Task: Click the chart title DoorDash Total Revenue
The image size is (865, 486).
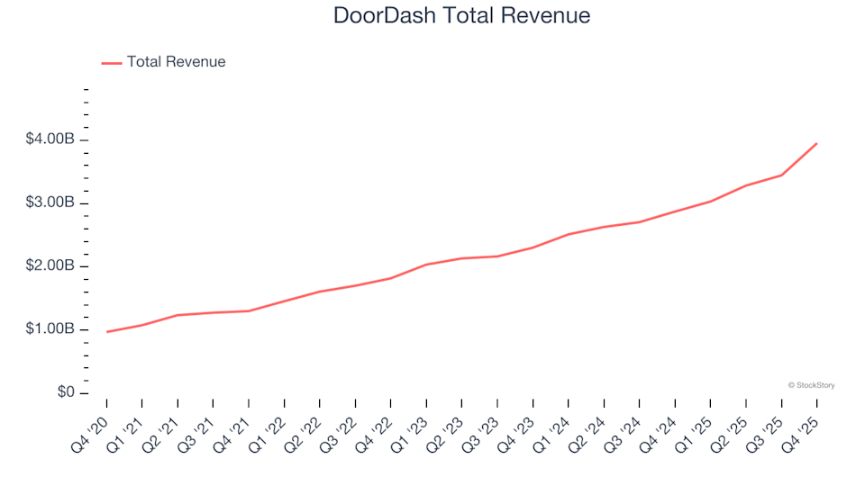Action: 461,15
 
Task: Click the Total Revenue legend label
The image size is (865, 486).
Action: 176,62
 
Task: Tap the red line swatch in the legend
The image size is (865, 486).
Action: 112,63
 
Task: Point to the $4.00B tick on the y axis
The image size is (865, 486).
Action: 50,140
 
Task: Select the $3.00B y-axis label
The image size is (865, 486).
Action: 50,203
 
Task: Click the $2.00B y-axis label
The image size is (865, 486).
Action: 50,266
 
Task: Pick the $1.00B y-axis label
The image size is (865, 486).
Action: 50,329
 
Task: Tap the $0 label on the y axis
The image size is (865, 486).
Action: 64,393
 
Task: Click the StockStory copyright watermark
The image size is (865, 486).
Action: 811,385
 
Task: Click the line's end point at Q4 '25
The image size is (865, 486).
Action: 816,143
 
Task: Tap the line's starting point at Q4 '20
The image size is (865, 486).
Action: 106,332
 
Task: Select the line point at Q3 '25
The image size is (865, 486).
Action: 781,175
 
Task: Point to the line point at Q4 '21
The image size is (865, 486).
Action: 249,311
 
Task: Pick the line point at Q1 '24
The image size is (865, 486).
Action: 568,234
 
